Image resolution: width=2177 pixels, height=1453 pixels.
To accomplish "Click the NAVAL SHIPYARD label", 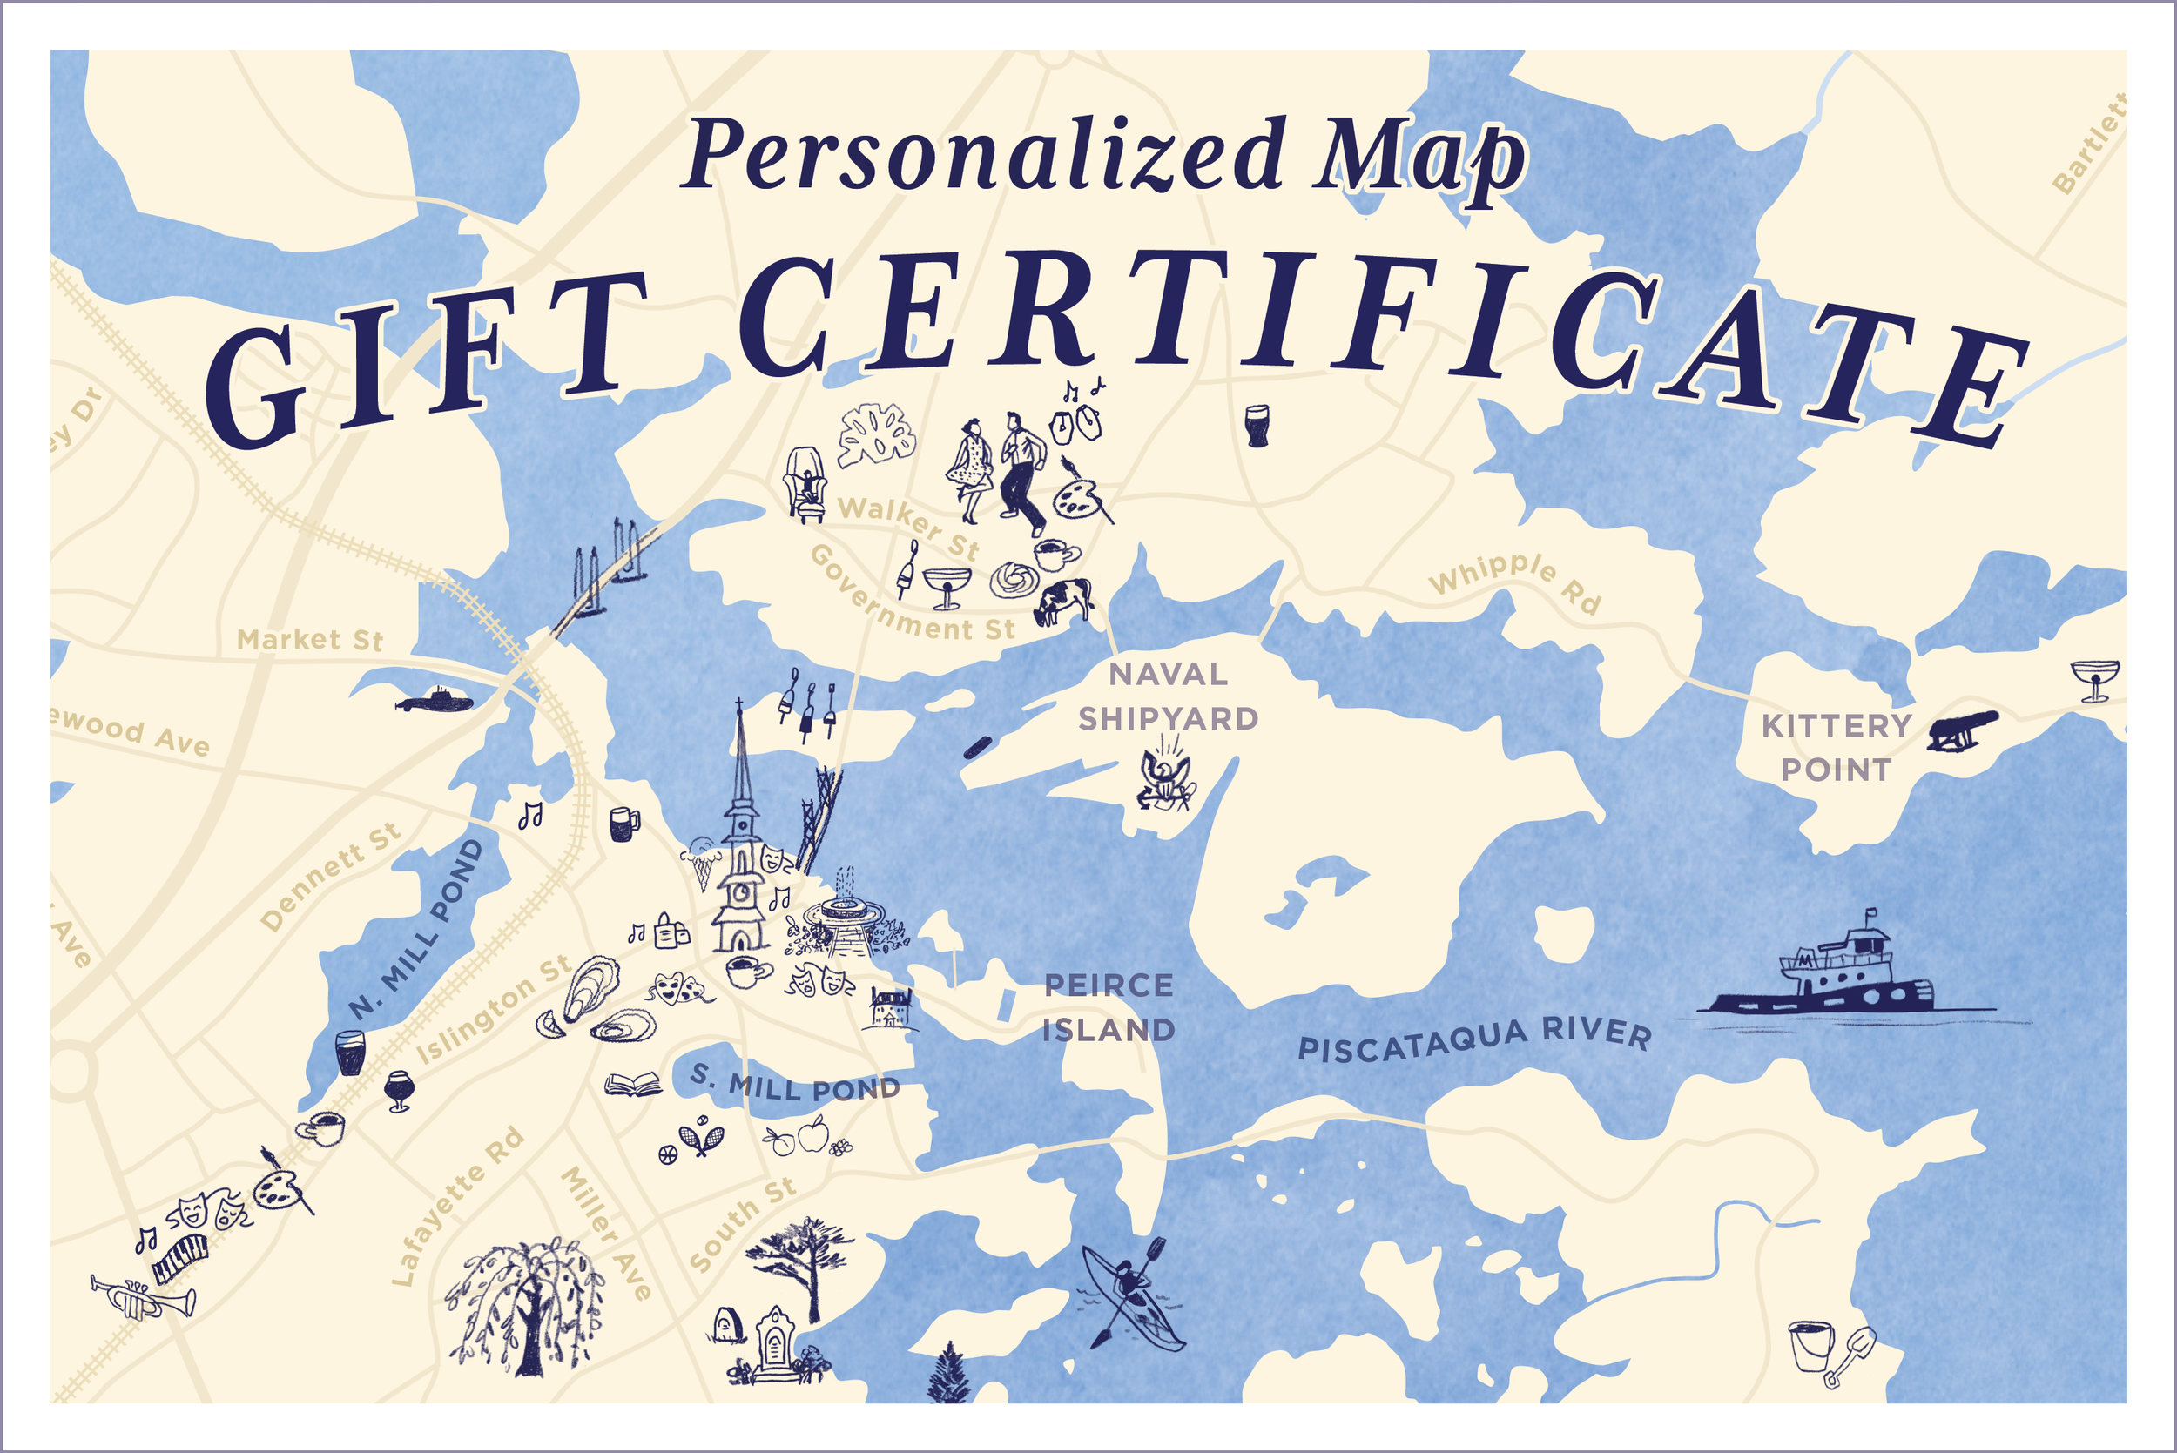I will (x=1168, y=696).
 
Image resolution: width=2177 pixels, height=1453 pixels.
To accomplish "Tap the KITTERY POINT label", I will (x=1836, y=747).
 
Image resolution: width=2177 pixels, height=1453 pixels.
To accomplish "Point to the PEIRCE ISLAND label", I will (x=1109, y=1007).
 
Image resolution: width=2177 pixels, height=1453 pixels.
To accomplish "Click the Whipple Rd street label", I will (x=1514, y=581).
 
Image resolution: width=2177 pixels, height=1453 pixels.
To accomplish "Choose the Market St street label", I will (x=309, y=639).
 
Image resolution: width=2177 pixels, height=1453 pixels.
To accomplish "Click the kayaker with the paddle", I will (x=1130, y=1294).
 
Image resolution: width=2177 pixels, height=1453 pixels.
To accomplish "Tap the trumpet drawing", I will (x=143, y=1298).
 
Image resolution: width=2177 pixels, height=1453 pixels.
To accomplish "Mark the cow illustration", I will (x=1063, y=600).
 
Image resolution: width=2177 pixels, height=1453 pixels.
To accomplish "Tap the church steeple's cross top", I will (x=738, y=708).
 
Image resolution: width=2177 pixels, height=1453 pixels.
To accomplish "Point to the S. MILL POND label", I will (x=795, y=1083).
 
